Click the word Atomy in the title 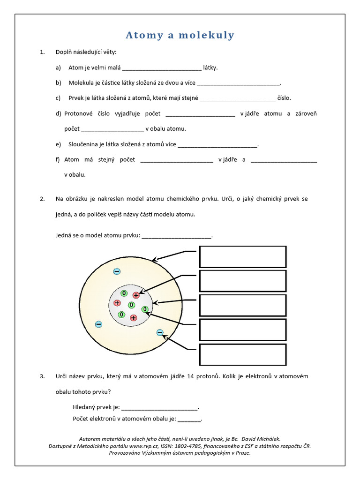pos(143,35)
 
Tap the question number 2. pos(42,199)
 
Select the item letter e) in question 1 pos(58,144)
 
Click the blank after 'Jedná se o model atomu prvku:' pos(177,235)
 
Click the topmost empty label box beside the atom pos(243,257)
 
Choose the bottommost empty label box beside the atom pos(243,354)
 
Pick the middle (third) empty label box pos(243,306)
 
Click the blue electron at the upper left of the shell pos(117,271)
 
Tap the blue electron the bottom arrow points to pos(160,333)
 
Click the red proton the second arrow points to pos(136,295)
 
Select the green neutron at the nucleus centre pos(131,305)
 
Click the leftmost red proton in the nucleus pos(117,303)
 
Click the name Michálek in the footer pos(268,439)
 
